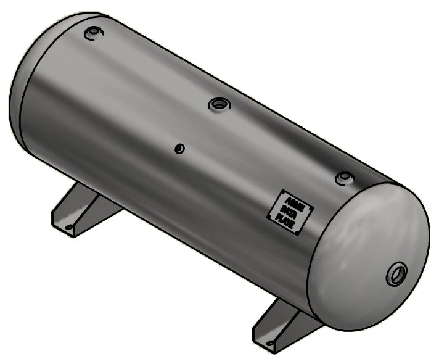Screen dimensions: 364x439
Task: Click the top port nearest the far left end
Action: [92, 31]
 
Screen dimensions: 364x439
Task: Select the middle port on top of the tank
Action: [218, 104]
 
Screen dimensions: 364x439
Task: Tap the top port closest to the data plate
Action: [345, 178]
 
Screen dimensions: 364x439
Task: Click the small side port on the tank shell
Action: [179, 149]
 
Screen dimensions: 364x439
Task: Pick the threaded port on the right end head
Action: [396, 273]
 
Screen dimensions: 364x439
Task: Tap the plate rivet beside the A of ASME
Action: [283, 193]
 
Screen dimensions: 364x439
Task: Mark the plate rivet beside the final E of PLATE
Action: [297, 232]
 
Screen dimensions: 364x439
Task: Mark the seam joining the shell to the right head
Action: [321, 247]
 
